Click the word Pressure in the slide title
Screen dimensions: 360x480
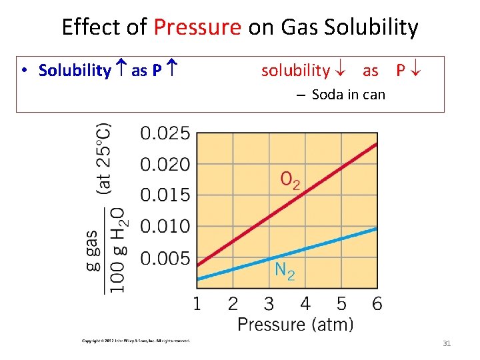197,27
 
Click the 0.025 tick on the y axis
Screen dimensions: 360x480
165,133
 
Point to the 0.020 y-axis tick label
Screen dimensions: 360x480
165,164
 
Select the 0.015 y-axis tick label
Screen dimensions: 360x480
165,195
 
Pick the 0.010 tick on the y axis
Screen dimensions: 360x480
165,227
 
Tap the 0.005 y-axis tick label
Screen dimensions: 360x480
165,258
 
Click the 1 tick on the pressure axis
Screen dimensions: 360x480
197,304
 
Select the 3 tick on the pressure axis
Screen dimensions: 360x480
269,304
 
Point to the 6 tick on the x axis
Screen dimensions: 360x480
377,304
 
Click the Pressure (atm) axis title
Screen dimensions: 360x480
295,325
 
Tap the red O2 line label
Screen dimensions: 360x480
290,180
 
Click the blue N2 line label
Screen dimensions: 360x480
285,270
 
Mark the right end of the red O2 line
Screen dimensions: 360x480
377,143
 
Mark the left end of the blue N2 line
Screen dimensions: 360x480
198,278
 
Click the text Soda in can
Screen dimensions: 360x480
348,95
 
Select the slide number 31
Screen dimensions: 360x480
447,343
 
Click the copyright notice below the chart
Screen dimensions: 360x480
136,341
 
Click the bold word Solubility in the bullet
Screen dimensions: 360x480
75,71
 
